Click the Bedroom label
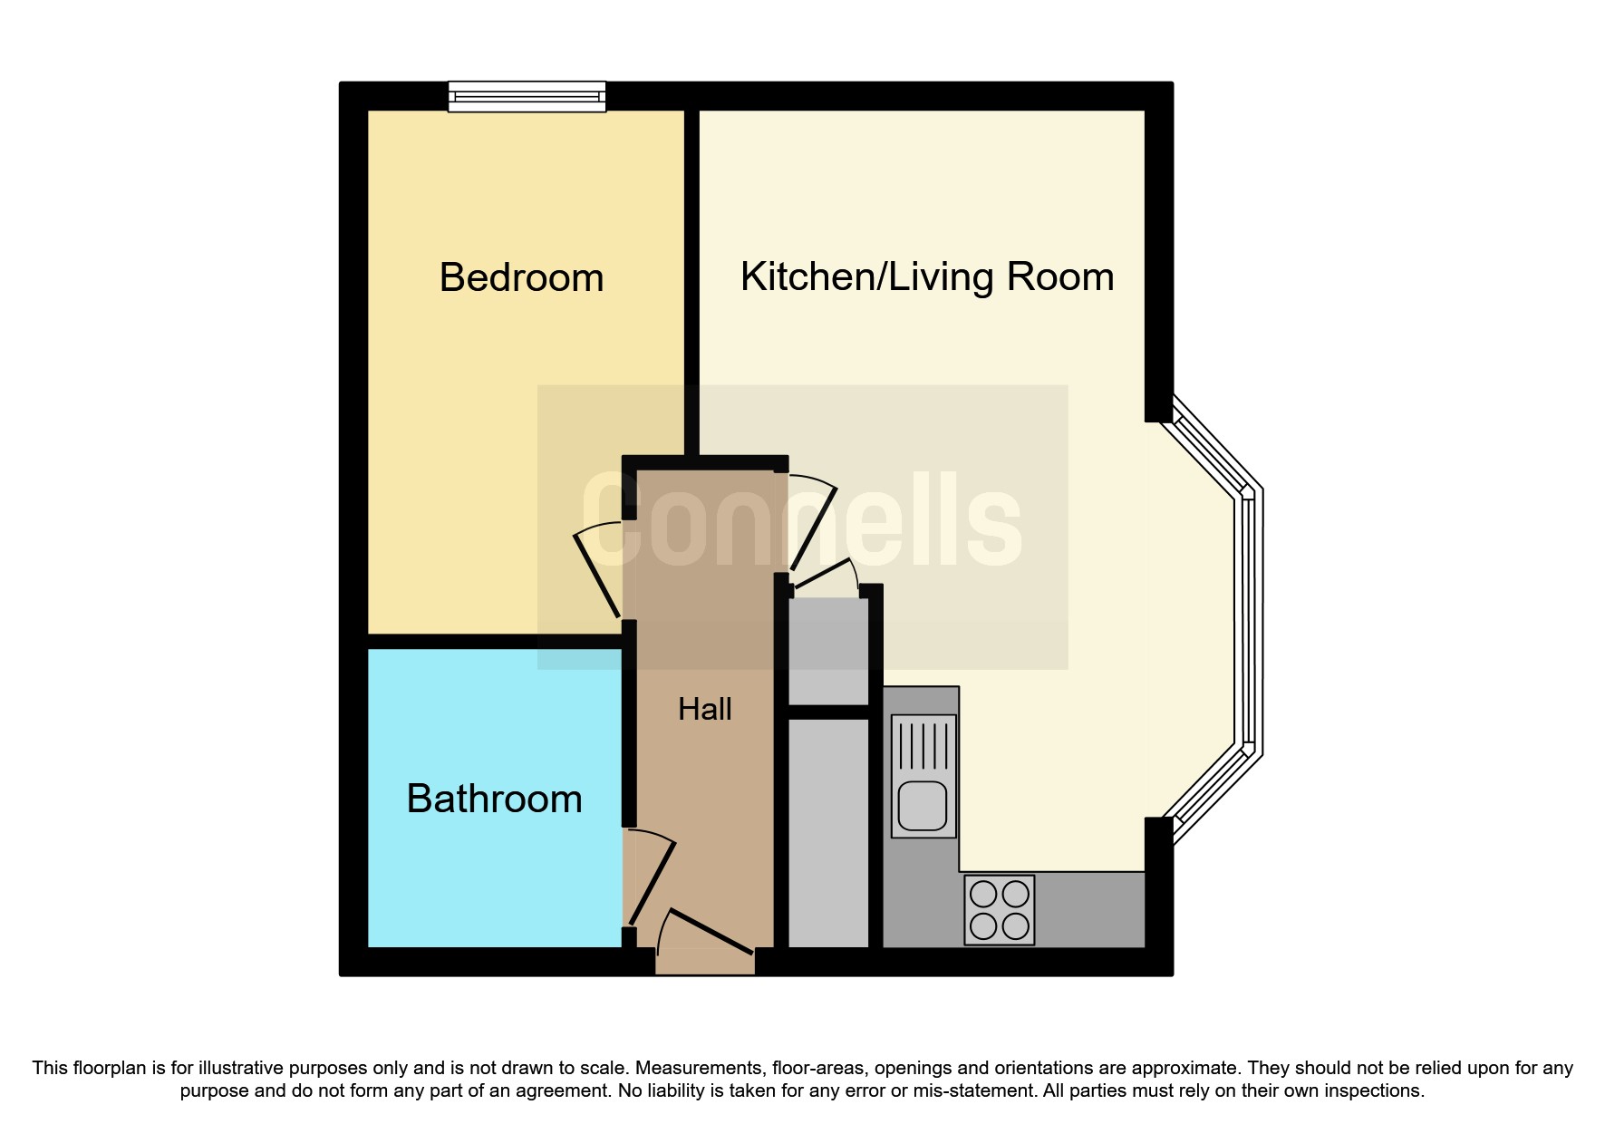click(x=521, y=277)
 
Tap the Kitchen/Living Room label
click(x=926, y=276)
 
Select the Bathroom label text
click(x=494, y=799)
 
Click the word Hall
click(x=704, y=709)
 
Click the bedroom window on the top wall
click(x=527, y=96)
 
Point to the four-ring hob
click(x=999, y=909)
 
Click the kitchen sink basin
click(x=923, y=806)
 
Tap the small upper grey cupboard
click(x=828, y=650)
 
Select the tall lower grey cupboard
click(x=828, y=832)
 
